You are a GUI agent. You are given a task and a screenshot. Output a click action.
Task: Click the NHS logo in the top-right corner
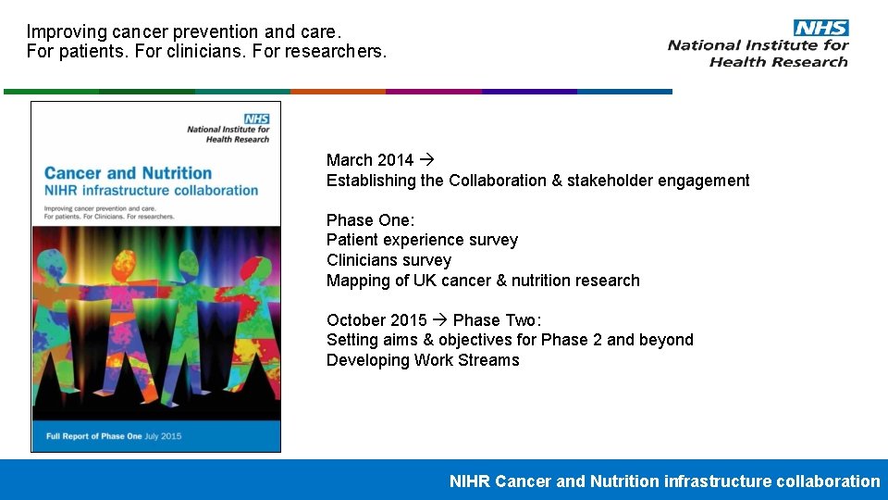pos(820,28)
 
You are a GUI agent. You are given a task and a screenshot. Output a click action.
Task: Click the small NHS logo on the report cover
pos(256,119)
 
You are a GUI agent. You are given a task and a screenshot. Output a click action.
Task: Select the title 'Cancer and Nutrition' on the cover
pos(128,173)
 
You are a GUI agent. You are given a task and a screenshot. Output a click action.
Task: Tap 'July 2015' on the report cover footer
pos(164,435)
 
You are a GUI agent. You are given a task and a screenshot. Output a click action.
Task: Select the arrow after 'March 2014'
pos(425,160)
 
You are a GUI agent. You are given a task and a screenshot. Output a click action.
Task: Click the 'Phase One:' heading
pos(370,220)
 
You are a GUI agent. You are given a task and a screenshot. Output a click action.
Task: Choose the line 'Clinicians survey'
pos(388,260)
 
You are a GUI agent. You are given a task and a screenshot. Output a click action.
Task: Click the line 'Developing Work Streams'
pos(423,360)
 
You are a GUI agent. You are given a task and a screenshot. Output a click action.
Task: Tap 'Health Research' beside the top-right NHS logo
pos(778,62)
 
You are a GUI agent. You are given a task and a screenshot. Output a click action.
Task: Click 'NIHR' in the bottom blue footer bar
pos(470,481)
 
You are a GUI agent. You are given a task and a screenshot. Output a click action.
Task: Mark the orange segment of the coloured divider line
pos(338,92)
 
